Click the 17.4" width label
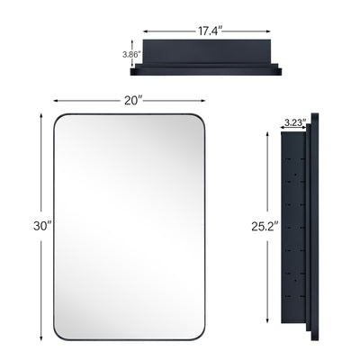pyautogui.click(x=205, y=29)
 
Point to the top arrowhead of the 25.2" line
pyautogui.click(x=268, y=134)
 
